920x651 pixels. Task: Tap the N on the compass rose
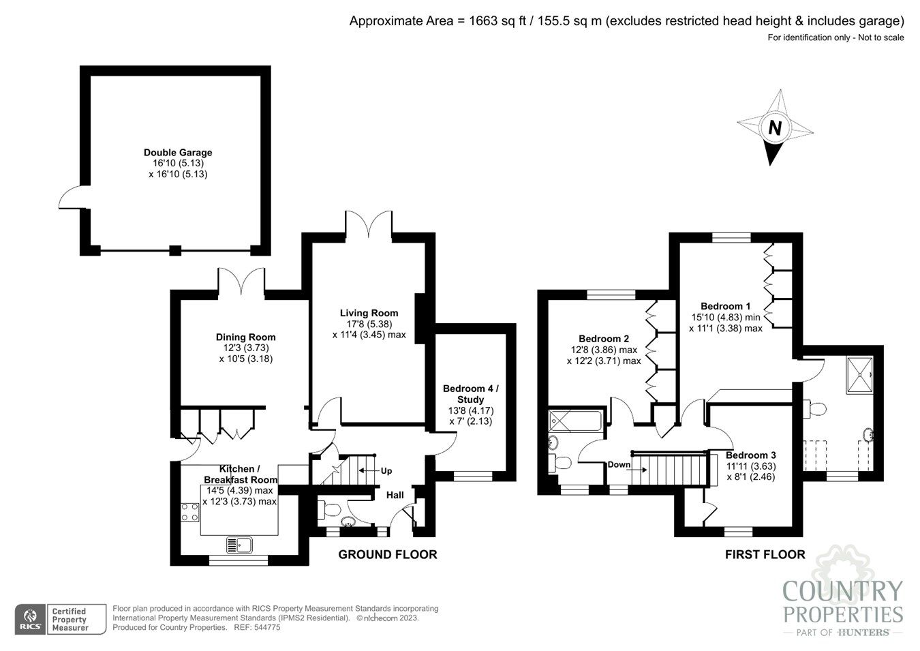pos(774,127)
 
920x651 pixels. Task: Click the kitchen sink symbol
pos(239,545)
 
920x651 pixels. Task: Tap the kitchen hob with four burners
pos(190,512)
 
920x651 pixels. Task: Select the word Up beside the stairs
pos(386,471)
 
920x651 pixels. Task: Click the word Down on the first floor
pos(619,465)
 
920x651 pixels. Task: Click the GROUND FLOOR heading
pos(387,555)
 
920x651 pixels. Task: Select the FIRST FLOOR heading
pos(765,555)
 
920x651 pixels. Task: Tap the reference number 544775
pos(266,628)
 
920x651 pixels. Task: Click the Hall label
pos(395,495)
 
